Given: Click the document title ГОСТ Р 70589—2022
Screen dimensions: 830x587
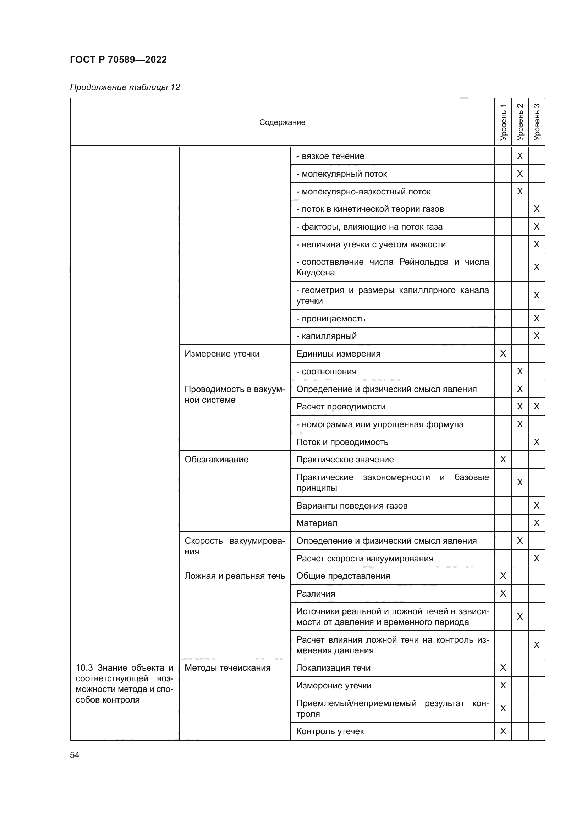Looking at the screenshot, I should coord(118,60).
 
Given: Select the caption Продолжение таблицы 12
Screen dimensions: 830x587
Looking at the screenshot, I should coord(125,88).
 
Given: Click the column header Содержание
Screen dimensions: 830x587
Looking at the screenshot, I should coord(282,122).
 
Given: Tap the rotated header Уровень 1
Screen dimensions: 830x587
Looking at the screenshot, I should coord(503,122).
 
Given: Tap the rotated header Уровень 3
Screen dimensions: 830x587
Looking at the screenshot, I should coord(536,122).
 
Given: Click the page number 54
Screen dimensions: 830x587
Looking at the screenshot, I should coord(75,755).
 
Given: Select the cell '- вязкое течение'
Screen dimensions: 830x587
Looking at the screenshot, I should coord(330,156).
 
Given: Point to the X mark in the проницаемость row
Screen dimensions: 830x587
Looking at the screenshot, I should coord(536,318).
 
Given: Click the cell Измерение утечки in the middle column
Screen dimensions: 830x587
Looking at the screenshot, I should coord(222,354).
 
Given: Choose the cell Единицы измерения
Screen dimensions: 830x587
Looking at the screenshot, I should coord(338,354).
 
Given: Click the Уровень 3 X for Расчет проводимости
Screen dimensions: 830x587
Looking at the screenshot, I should coord(536,407).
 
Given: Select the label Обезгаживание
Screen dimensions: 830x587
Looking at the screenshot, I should coord(216,460).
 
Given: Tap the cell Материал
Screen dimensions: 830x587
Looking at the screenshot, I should coord(317,523).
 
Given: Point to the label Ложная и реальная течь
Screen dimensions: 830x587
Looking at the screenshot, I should coord(235,576).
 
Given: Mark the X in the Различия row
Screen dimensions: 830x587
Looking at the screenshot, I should coord(503,594).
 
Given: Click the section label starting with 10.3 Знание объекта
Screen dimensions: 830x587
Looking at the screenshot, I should coord(124,683).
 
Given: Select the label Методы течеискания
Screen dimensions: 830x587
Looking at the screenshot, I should coord(227,668).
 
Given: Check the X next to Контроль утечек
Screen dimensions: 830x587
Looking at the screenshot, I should coord(503,731).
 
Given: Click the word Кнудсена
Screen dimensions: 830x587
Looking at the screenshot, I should coord(315,273).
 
